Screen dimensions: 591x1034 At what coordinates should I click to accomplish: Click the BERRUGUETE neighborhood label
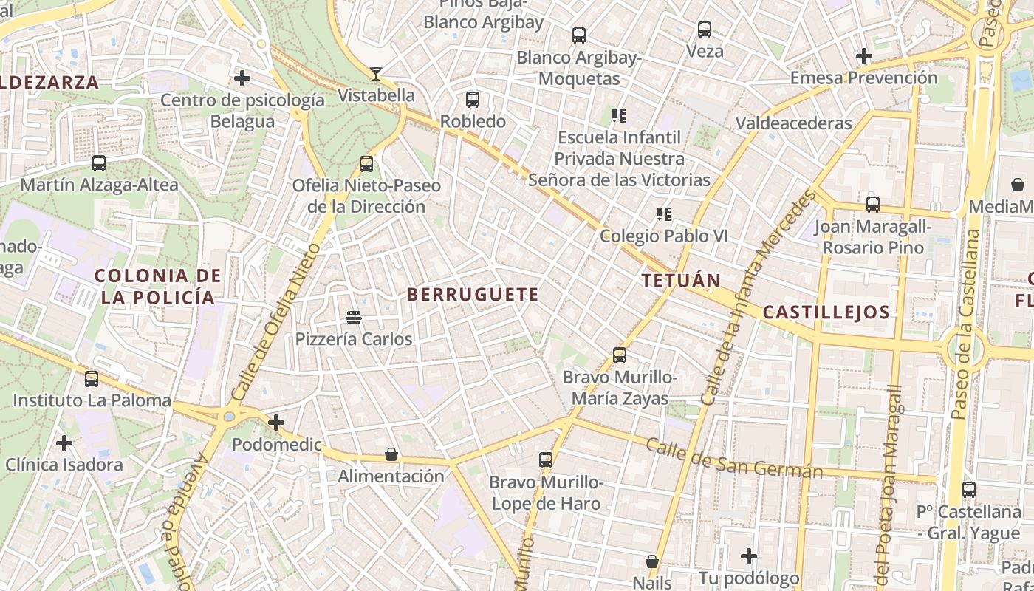(x=473, y=294)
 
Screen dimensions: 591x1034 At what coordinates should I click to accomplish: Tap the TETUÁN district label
(x=680, y=281)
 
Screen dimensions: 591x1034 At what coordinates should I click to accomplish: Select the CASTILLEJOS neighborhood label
(x=826, y=312)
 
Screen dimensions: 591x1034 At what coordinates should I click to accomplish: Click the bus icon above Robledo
(x=473, y=99)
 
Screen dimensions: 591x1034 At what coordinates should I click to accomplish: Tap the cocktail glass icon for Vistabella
(x=376, y=73)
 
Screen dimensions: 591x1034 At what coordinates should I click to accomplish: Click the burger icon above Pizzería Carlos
(x=354, y=318)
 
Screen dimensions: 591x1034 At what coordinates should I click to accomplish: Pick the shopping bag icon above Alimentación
(x=391, y=454)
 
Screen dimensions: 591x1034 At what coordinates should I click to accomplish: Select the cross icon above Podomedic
(x=276, y=423)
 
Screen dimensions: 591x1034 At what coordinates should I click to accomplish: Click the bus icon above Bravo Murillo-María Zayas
(x=620, y=355)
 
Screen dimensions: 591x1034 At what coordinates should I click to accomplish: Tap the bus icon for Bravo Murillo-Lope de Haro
(x=546, y=460)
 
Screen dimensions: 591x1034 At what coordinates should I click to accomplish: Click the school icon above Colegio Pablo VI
(x=663, y=214)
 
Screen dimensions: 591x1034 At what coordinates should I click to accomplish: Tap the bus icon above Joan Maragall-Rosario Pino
(x=873, y=204)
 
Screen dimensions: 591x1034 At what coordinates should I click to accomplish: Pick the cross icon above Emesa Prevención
(x=863, y=55)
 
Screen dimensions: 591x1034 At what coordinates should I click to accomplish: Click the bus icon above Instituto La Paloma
(x=92, y=379)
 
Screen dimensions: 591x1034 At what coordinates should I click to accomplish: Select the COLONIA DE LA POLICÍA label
(x=158, y=287)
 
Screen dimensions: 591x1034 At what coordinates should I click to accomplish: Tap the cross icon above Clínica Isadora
(x=64, y=443)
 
